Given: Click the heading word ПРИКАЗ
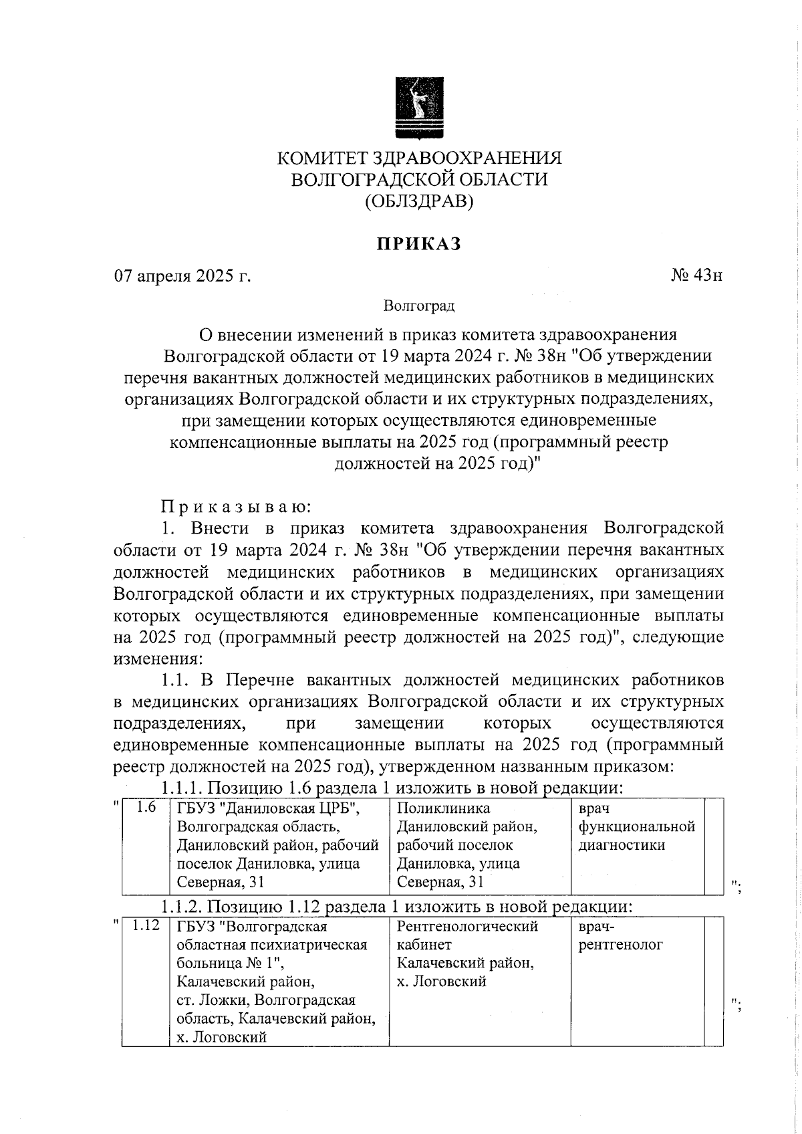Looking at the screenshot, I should (x=419, y=244).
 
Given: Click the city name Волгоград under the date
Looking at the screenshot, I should (x=419, y=306).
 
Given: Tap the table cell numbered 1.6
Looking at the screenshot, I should (x=145, y=808).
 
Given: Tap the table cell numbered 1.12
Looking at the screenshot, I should (x=145, y=926).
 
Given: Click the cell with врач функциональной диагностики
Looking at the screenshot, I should (x=636, y=826).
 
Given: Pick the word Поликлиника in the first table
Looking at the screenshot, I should (x=443, y=808).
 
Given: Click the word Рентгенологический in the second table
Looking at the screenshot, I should (x=467, y=927).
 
